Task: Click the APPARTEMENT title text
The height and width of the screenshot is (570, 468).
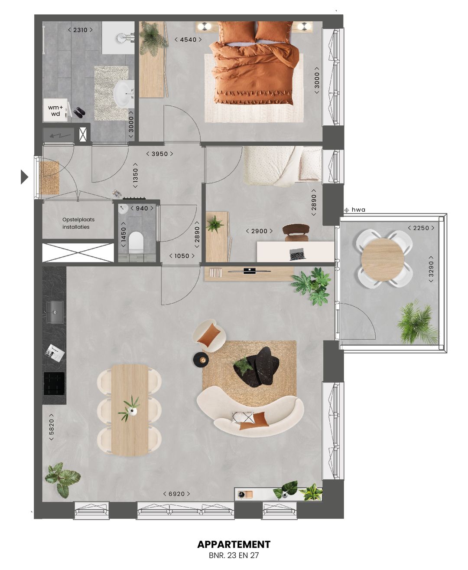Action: click(234, 544)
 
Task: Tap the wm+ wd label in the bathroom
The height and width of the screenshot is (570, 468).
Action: click(55, 111)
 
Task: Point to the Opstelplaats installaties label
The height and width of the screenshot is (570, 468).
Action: click(78, 223)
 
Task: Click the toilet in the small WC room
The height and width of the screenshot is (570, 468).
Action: click(136, 242)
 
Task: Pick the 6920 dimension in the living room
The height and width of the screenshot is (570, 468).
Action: click(176, 494)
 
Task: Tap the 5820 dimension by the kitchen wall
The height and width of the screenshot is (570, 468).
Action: click(52, 429)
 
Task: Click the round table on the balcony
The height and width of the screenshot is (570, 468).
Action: click(383, 259)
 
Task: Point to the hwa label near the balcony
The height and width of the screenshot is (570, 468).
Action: click(358, 210)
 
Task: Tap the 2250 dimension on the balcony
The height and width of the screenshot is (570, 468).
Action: click(421, 228)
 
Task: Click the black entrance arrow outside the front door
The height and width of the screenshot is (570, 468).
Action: click(24, 177)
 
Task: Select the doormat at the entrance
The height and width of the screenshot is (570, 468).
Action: click(49, 177)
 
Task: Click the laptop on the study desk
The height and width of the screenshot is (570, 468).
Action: click(297, 254)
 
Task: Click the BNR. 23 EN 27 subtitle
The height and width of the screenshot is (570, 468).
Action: click(234, 555)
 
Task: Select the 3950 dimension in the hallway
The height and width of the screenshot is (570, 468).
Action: click(159, 154)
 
